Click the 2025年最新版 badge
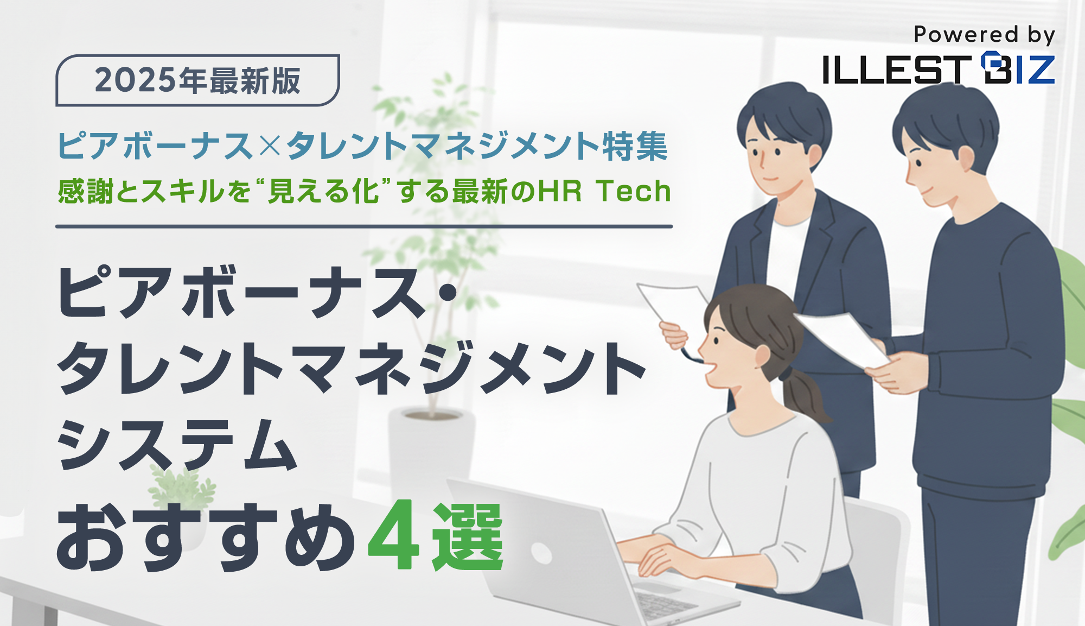197,80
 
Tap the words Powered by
984,35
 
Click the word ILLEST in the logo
896,69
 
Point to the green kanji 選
468,536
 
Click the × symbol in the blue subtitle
270,146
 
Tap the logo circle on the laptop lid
541,553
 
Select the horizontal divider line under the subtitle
364,226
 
